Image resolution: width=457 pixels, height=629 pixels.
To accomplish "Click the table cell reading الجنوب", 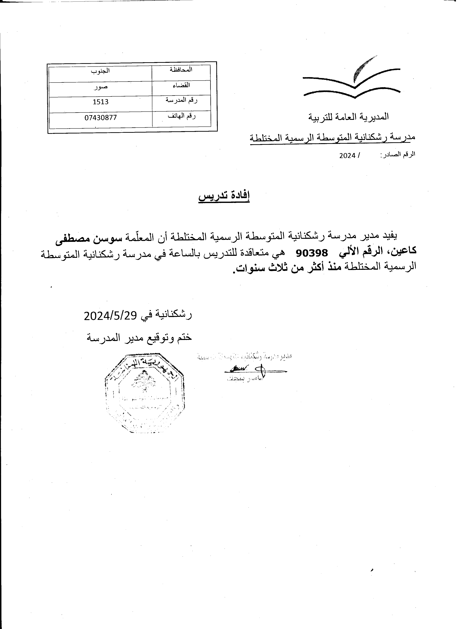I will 100,71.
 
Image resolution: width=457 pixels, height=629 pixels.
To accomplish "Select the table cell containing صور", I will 100,87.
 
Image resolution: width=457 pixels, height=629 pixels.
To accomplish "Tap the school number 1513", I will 100,102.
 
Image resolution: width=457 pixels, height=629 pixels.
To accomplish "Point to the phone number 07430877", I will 100,118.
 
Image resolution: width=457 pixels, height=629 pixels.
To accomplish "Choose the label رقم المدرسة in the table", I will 181,100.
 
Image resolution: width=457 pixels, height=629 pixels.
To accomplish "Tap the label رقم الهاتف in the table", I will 181,116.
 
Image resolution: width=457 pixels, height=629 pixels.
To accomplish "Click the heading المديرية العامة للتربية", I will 348,117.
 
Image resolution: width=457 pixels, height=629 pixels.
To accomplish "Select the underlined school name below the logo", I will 332,137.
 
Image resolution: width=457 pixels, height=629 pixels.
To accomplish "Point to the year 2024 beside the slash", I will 347,156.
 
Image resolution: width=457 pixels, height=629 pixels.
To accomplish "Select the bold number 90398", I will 312,253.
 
